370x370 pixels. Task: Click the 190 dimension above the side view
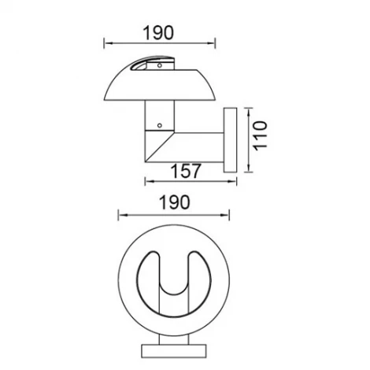pyautogui.click(x=159, y=31)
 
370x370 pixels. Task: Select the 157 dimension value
pyautogui.click(x=186, y=171)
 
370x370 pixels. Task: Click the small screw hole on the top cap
pyautogui.click(x=160, y=67)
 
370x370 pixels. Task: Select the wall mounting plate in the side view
pyautogui.click(x=231, y=139)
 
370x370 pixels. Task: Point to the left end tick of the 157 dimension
pyautogui.click(x=145, y=181)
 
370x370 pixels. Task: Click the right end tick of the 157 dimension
pyautogui.click(x=236, y=181)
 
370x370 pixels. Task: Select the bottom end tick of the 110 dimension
pyautogui.click(x=249, y=172)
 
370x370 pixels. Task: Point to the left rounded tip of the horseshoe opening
pyautogui.click(x=150, y=260)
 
